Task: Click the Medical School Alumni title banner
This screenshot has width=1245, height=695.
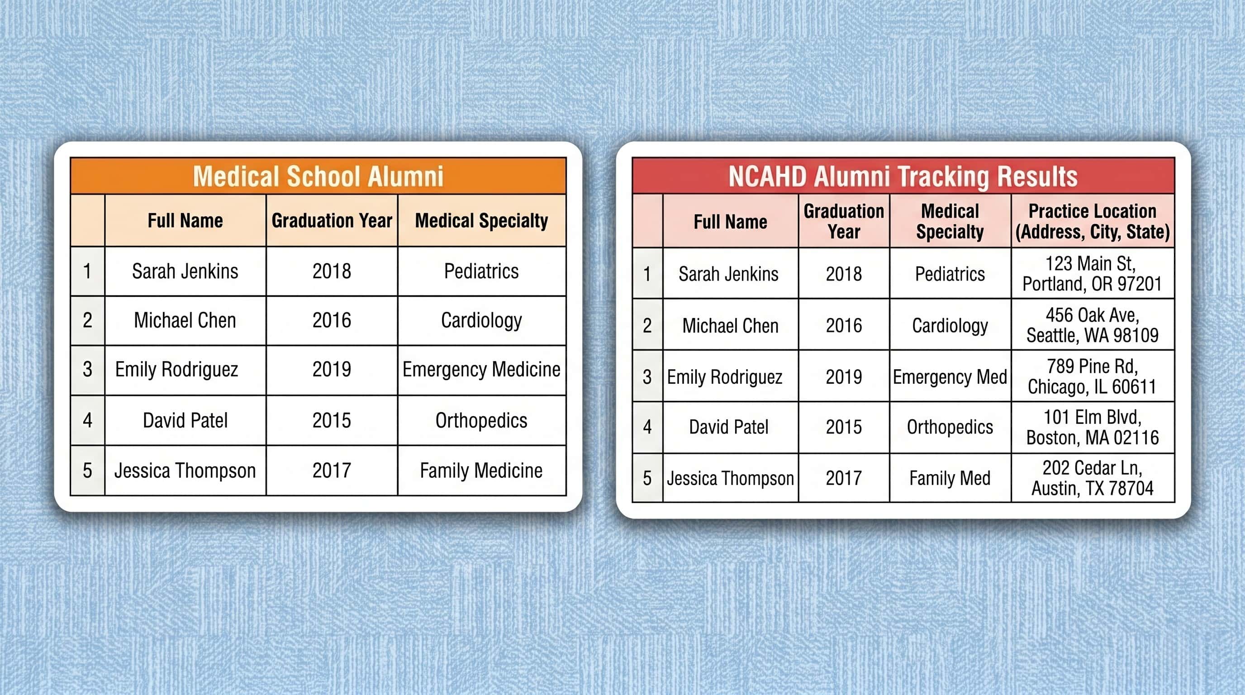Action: click(318, 176)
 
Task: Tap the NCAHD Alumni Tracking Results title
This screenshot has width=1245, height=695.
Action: click(903, 176)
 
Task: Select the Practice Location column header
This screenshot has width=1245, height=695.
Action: click(1092, 221)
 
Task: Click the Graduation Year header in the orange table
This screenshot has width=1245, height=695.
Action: click(332, 220)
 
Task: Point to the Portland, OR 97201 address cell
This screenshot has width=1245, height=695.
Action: click(1092, 274)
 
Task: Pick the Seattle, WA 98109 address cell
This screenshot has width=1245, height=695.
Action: click(1092, 325)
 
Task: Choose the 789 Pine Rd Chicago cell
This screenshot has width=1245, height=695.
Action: click(1092, 376)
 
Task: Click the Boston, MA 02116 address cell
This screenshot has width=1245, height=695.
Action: click(1092, 427)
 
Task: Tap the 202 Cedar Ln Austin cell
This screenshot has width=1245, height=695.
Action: click(1092, 478)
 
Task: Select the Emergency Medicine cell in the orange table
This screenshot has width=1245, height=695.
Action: click(481, 370)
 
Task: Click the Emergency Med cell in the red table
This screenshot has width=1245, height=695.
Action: click(950, 376)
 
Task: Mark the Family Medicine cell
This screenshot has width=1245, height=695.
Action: click(481, 470)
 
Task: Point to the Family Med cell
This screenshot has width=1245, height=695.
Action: click(950, 478)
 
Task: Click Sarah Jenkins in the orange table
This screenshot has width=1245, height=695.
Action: click(185, 271)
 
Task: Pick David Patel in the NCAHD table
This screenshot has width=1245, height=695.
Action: click(729, 427)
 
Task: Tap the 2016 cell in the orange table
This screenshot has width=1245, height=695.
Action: click(332, 320)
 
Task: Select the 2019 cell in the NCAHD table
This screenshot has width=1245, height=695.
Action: click(844, 376)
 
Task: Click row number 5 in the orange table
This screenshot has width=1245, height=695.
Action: click(87, 470)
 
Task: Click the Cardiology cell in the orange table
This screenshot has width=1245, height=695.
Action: click(481, 320)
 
